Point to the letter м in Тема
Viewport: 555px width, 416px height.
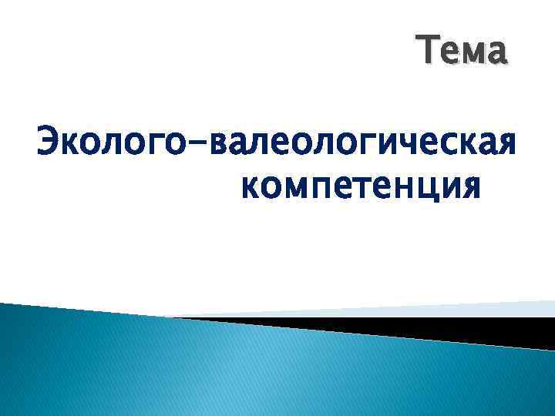(x=475, y=54)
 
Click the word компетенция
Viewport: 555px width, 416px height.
(x=361, y=187)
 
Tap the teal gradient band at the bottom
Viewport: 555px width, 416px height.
(x=231, y=370)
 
